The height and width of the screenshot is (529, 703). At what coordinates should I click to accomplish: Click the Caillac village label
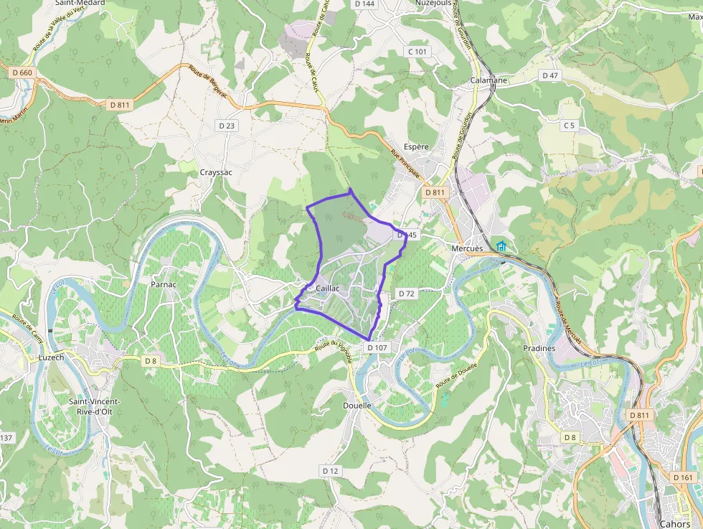click(327, 289)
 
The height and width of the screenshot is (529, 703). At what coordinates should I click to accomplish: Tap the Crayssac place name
click(216, 172)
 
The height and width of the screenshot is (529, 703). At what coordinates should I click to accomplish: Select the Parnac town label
click(164, 284)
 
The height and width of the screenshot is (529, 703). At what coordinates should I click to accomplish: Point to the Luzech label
click(51, 357)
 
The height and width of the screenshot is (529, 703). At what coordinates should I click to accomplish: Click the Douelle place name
click(357, 406)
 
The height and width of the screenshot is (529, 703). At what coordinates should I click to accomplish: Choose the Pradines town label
click(539, 348)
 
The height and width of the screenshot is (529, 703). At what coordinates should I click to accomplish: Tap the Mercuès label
click(467, 248)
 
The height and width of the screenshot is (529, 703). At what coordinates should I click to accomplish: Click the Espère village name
click(417, 146)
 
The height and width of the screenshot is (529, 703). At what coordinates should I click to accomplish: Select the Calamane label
click(489, 80)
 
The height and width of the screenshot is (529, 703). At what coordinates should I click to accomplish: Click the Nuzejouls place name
click(433, 3)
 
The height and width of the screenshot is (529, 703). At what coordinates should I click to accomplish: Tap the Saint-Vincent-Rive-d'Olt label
click(94, 406)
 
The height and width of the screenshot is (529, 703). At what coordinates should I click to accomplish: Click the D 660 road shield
click(22, 72)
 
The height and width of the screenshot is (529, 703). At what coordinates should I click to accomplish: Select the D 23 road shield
click(226, 126)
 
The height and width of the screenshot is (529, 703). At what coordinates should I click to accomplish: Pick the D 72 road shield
click(407, 294)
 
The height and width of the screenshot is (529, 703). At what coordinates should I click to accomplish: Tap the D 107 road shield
click(377, 347)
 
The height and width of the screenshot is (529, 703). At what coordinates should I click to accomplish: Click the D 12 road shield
click(330, 471)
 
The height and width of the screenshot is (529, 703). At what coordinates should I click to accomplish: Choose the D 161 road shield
click(684, 477)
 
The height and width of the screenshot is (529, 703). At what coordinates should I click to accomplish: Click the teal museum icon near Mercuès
click(501, 247)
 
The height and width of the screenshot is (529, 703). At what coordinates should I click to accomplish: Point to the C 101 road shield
click(417, 52)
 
